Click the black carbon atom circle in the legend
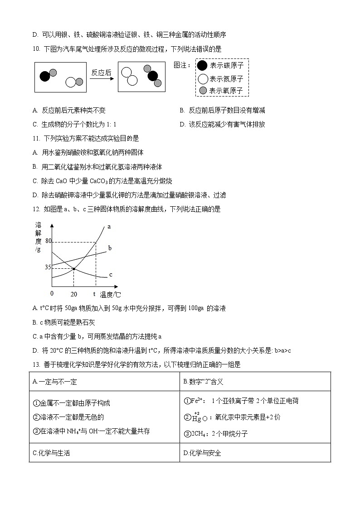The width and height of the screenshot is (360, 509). (202, 65)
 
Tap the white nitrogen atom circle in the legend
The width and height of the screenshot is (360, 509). (203, 78)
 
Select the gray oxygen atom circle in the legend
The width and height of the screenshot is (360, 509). (203, 90)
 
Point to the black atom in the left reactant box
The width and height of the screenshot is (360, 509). (44, 76)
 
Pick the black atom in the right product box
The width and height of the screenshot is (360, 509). (153, 76)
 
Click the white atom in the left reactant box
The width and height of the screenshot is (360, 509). (71, 82)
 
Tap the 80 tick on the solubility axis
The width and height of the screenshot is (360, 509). (49, 241)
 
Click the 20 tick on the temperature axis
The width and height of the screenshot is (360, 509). (74, 294)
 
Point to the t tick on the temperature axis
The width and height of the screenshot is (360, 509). (94, 294)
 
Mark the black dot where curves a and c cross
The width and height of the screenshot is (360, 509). (74, 269)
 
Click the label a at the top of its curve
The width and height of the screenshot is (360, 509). (109, 226)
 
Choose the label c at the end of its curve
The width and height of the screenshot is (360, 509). (111, 275)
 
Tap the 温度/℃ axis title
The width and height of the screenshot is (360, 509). (110, 295)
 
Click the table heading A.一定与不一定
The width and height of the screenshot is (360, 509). (55, 382)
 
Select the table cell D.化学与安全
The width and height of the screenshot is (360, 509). (202, 453)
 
